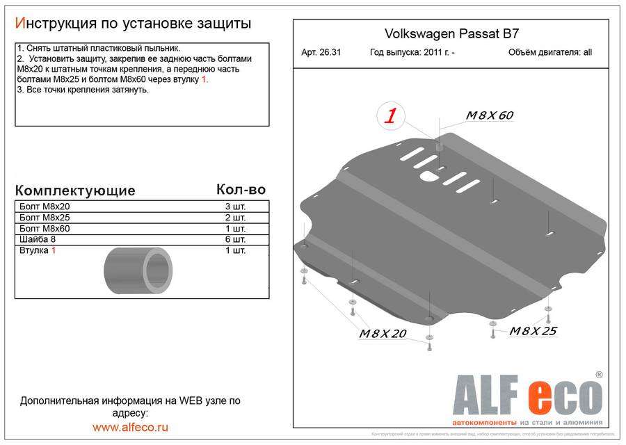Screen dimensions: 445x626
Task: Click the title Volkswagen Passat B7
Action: (452, 33)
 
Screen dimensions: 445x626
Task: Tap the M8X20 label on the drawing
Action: (382, 334)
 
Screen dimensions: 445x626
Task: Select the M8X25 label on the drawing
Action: (533, 331)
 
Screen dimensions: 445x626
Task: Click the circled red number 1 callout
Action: (391, 116)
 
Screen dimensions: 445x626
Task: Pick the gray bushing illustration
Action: (138, 270)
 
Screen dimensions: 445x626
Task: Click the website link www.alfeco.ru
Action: (130, 427)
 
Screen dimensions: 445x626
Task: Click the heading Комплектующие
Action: (75, 191)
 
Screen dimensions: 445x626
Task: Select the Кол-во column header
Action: (241, 189)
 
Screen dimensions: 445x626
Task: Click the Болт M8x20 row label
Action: (45, 207)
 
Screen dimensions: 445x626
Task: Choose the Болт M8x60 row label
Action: (45, 229)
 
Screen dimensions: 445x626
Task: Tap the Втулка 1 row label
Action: (38, 250)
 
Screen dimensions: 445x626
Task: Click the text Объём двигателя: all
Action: (550, 52)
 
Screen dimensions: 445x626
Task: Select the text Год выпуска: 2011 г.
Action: (412, 52)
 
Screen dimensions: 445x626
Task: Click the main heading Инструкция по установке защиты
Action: (133, 23)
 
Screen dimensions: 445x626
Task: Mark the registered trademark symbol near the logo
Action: (599, 375)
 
